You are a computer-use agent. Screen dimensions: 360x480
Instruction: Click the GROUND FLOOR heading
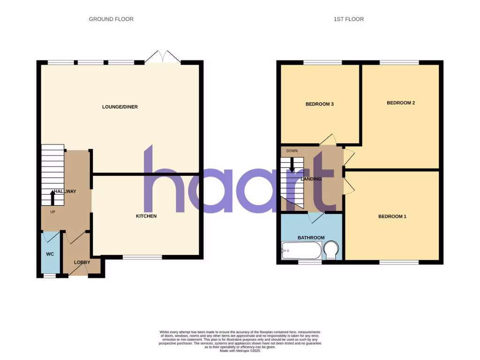111,19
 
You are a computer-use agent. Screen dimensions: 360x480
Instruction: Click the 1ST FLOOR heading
348,19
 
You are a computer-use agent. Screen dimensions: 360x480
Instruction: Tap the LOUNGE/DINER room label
120,107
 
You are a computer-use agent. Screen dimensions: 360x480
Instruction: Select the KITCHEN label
146,216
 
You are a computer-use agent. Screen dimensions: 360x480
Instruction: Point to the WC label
50,254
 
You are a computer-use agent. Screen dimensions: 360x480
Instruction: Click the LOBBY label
82,262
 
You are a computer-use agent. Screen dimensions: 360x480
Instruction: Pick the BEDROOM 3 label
319,104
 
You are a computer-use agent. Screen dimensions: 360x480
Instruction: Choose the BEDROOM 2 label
401,103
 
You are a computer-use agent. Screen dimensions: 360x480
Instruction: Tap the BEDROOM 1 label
392,217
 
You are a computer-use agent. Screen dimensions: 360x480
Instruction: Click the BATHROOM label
311,238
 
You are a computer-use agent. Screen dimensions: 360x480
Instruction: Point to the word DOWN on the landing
292,151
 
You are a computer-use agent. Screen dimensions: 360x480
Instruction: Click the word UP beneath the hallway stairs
53,211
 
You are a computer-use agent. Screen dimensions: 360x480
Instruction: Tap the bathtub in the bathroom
301,251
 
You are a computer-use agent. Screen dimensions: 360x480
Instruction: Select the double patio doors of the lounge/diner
163,57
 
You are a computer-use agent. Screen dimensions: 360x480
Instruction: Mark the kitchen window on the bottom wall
142,257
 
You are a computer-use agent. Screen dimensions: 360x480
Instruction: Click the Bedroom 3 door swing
329,139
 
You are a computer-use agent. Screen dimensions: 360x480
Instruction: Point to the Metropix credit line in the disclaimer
240,351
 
